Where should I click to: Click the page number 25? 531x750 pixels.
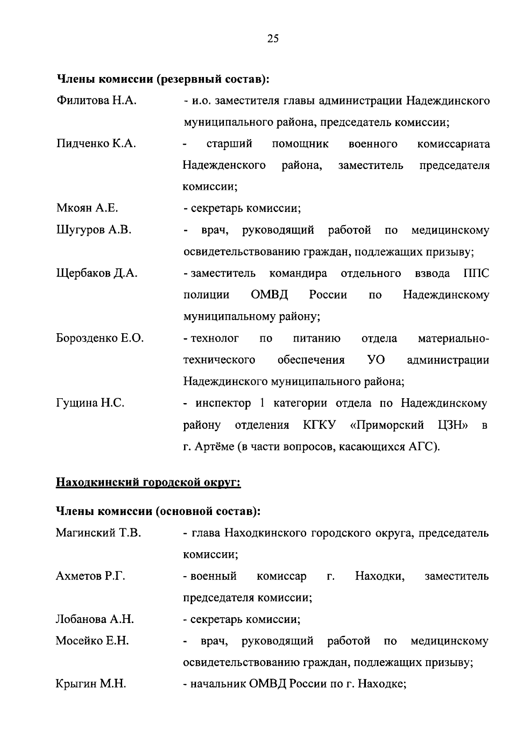click(273, 39)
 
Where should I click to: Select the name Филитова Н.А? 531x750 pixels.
click(96, 101)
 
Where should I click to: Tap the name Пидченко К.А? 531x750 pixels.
click(96, 144)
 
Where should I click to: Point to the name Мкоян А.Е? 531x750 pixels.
click(87, 208)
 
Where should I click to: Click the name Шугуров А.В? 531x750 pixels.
click(94, 230)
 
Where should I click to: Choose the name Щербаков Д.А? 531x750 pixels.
click(97, 273)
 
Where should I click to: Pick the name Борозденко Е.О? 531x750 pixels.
click(100, 338)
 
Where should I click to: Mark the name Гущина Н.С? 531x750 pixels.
click(90, 403)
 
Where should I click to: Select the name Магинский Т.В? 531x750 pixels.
click(98, 533)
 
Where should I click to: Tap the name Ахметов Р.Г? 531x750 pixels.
click(90, 576)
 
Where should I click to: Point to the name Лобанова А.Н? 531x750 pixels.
click(95, 619)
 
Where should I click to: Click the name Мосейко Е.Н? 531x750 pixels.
click(92, 641)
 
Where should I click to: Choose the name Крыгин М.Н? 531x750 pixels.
click(91, 684)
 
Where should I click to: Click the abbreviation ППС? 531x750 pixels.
click(477, 273)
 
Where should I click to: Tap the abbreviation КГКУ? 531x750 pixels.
click(319, 425)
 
